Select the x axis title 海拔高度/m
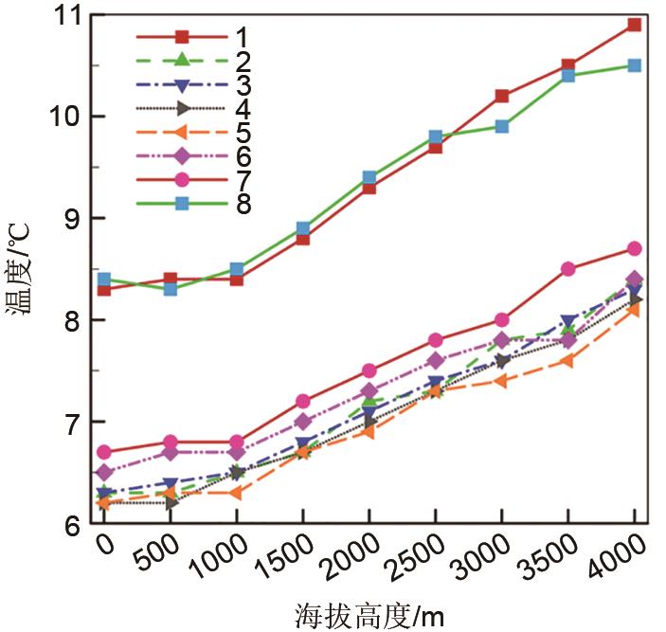coord(368,614)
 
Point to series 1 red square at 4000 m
coord(634,25)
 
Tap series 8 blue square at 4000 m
coord(634,65)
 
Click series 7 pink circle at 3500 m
coord(567,269)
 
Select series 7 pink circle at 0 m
coord(104,452)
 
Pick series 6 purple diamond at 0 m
coord(104,472)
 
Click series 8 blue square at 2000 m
coord(369,177)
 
